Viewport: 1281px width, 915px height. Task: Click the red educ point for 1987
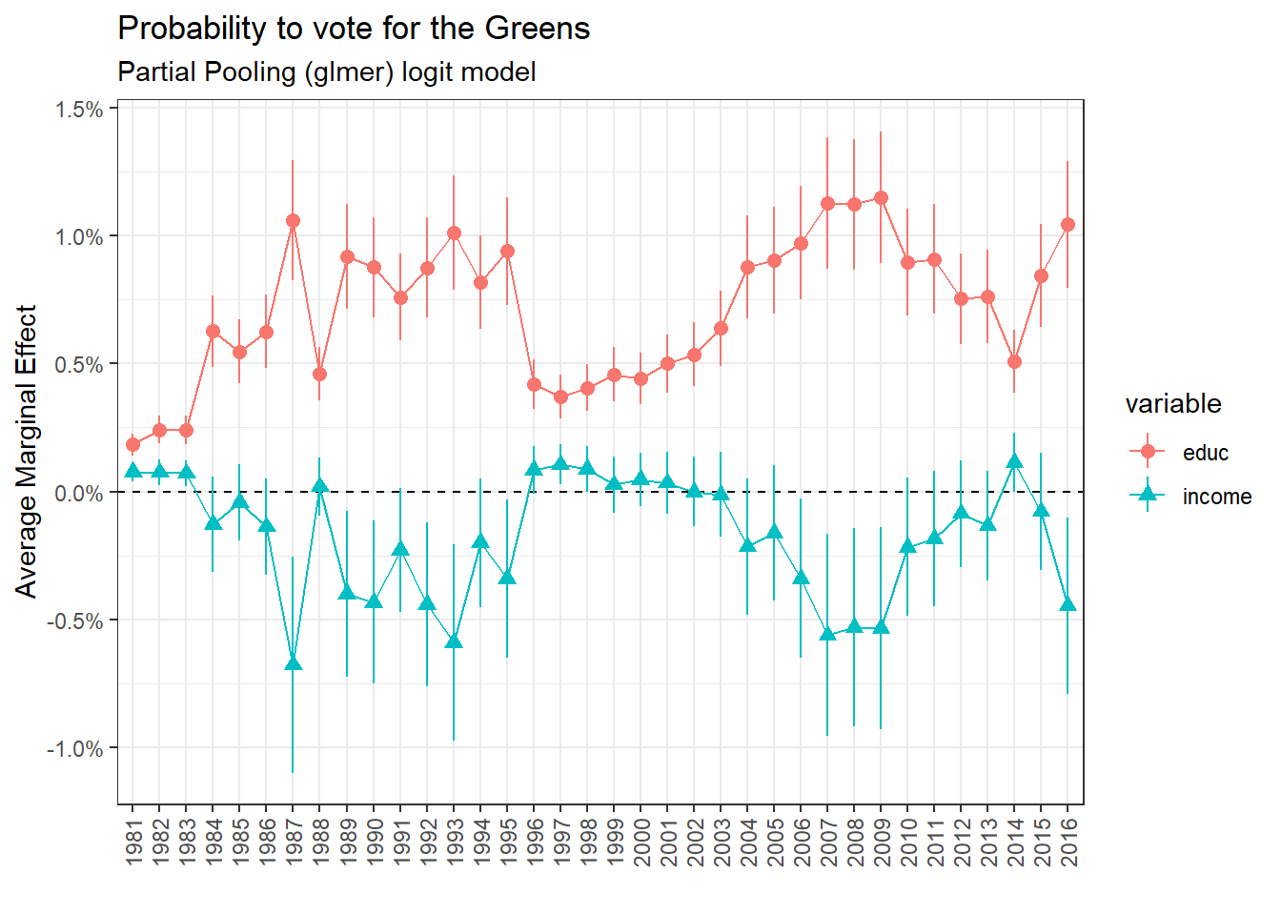pyautogui.click(x=293, y=220)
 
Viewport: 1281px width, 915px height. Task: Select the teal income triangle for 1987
pyautogui.click(x=293, y=662)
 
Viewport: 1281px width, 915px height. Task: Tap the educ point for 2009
pyautogui.click(x=881, y=198)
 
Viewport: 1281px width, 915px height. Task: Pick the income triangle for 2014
pyautogui.click(x=1014, y=461)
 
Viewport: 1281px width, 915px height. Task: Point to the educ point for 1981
pyautogui.click(x=132, y=444)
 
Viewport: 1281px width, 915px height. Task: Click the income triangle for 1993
pyautogui.click(x=454, y=640)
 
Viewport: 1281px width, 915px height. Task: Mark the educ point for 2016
pyautogui.click(x=1067, y=224)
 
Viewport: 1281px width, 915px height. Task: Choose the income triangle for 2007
pyautogui.click(x=827, y=634)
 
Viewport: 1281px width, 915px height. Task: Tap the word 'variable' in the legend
pyautogui.click(x=1172, y=404)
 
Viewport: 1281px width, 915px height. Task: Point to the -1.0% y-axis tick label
pyautogui.click(x=75, y=749)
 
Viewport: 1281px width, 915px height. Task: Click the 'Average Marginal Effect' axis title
pyautogui.click(x=27, y=451)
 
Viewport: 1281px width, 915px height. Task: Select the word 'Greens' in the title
pyautogui.click(x=537, y=29)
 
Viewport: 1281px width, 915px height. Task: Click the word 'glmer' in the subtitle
pyautogui.click(x=349, y=72)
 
